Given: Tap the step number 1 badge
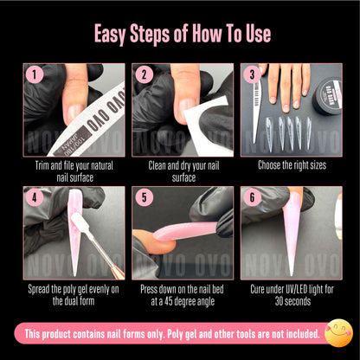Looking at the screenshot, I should click(x=35, y=74).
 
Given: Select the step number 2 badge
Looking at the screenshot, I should click(x=144, y=74).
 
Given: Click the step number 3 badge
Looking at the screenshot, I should click(x=253, y=74).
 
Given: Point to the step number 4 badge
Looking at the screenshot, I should click(x=35, y=197).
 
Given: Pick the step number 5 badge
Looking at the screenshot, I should click(x=144, y=197).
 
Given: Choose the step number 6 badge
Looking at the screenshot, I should click(x=253, y=197).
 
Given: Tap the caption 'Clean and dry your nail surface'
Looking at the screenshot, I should click(x=181, y=170).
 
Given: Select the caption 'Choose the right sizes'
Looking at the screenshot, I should click(x=289, y=165).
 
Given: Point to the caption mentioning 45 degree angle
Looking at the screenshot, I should click(x=181, y=294).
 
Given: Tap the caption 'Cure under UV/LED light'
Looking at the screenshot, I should click(x=289, y=294).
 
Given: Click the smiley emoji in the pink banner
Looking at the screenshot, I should click(x=337, y=332).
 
